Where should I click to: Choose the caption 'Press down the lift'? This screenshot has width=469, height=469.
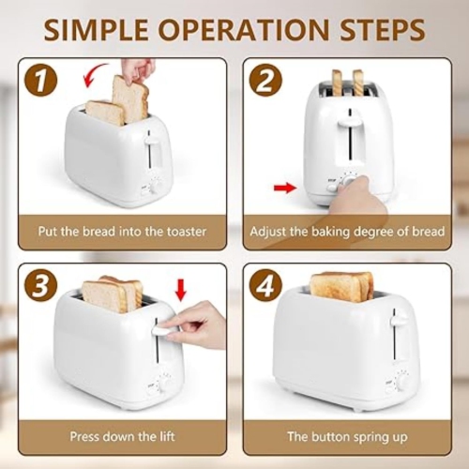coord(122,436)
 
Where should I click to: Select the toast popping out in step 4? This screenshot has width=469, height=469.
coord(341,284)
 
